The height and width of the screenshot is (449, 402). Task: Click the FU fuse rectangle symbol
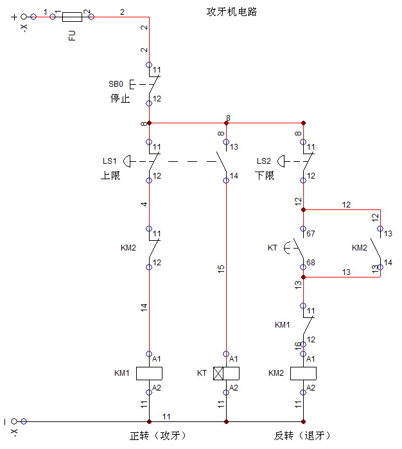71,17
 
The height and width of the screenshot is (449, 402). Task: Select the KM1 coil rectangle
149,373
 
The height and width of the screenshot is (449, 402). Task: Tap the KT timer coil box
226,373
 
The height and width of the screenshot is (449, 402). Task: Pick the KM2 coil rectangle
304,373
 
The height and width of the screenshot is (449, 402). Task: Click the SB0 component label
116,84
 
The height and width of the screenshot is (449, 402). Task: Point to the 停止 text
119,99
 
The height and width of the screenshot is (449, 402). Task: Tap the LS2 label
264,161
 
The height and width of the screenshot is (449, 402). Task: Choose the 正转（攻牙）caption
158,436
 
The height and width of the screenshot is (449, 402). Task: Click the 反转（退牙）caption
302,436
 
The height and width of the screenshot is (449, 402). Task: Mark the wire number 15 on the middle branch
221,270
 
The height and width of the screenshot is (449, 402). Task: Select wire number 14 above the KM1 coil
144,308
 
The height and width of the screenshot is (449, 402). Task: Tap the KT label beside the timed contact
272,247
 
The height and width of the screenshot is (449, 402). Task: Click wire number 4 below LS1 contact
144,204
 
